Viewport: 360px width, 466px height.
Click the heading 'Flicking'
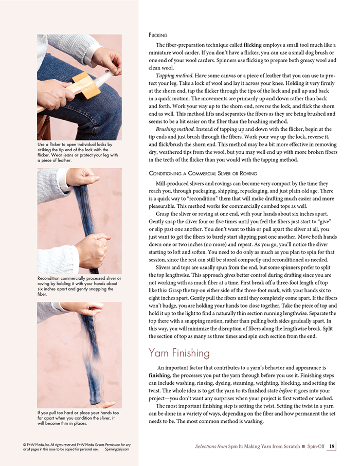click(157, 35)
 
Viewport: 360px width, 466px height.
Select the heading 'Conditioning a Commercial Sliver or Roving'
click(203, 173)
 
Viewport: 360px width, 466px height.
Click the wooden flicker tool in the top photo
click(84, 86)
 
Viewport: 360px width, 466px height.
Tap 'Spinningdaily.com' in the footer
click(116, 449)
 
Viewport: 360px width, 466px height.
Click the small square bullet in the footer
click(303, 446)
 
